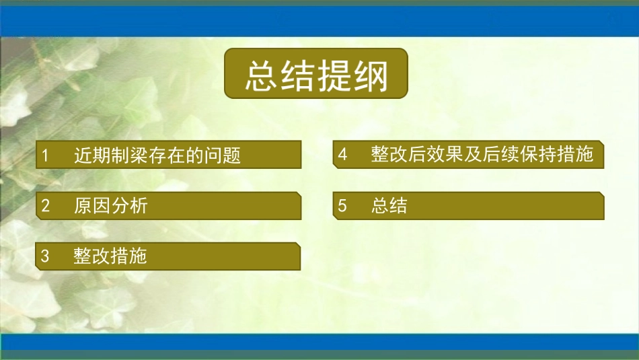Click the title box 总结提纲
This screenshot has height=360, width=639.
pyautogui.click(x=316, y=73)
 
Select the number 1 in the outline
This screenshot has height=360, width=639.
pyautogui.click(x=45, y=156)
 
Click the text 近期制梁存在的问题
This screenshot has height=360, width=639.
pyautogui.click(x=157, y=156)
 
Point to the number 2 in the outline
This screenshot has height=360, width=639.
pyautogui.click(x=45, y=206)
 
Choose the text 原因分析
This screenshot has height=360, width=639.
pyautogui.click(x=110, y=206)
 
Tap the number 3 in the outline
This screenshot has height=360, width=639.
pyautogui.click(x=45, y=256)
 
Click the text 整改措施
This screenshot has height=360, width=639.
pyautogui.click(x=110, y=256)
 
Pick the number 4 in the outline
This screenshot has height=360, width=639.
pyautogui.click(x=342, y=155)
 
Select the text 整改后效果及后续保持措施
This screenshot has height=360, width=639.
pyautogui.click(x=482, y=155)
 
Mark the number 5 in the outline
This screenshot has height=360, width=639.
pyautogui.click(x=342, y=206)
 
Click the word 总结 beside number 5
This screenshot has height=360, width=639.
pyautogui.click(x=389, y=206)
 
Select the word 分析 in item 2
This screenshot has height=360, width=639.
pyautogui.click(x=129, y=206)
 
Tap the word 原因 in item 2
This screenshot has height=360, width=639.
pyautogui.click(x=92, y=206)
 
